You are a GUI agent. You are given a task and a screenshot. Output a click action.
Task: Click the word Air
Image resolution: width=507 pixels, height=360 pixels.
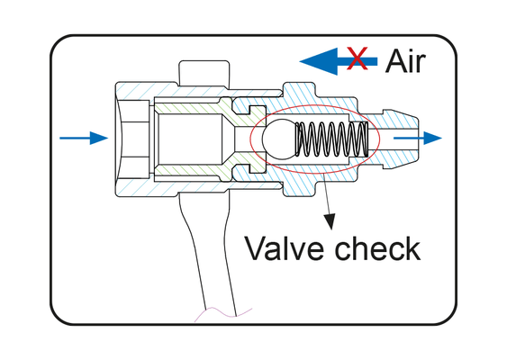click(405, 61)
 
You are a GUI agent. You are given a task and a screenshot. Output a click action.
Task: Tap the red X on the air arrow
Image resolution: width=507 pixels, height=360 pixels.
click(357, 58)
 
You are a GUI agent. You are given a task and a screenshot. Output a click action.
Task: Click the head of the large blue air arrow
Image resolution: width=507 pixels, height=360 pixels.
click(319, 61)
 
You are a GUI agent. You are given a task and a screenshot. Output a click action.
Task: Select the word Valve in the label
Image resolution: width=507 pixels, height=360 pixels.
click(284, 247)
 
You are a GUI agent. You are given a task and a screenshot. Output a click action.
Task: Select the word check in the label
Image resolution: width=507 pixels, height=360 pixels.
click(377, 247)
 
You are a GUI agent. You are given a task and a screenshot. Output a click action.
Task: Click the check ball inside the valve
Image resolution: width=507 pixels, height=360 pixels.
click(279, 139)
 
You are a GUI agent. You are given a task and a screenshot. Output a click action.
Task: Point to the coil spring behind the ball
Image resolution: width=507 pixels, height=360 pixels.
click(331, 139)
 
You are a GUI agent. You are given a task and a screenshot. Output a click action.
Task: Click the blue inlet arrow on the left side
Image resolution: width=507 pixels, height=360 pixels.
click(84, 138)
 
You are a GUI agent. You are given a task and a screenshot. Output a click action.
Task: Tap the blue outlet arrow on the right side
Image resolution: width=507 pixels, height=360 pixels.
click(418, 138)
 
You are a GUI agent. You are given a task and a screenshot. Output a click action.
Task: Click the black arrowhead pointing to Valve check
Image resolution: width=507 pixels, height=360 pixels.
click(330, 221)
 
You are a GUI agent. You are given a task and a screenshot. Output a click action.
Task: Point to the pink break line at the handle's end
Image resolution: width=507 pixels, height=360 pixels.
click(222, 313)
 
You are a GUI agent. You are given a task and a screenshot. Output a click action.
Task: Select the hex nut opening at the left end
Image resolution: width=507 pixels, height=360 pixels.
click(132, 139)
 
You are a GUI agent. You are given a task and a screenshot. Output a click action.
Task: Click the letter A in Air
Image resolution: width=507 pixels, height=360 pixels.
click(394, 61)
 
